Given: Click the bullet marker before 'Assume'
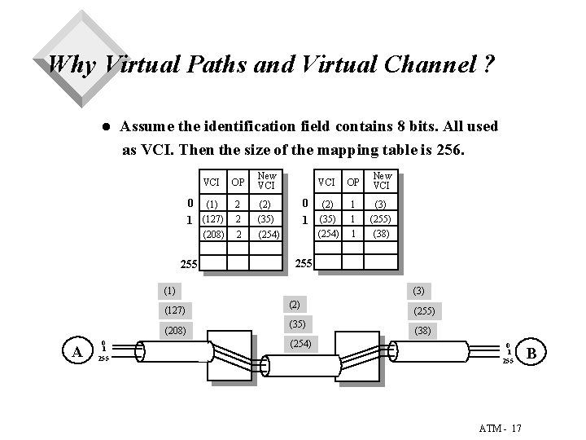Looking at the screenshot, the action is click(103, 127).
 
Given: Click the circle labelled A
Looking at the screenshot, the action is click(77, 351).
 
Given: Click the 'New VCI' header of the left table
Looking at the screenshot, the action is click(267, 181).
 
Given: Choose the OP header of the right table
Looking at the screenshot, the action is click(353, 181).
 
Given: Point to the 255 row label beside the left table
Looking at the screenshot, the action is click(189, 264).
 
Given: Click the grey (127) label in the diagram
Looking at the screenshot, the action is click(174, 310).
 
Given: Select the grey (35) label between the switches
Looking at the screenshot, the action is click(295, 324).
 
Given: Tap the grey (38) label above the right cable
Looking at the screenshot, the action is click(423, 332).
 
